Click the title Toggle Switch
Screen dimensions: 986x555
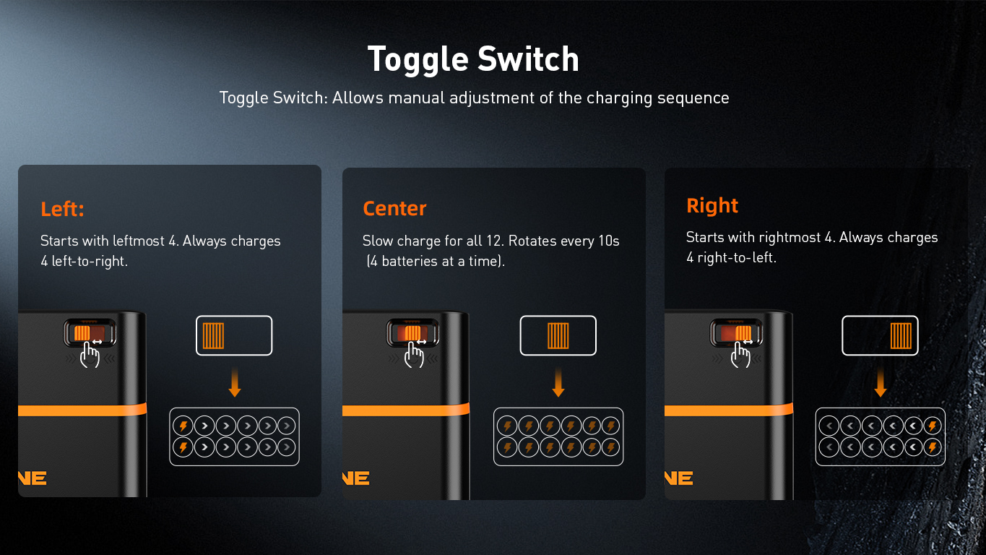pos(473,60)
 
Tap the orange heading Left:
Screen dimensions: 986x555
pos(62,209)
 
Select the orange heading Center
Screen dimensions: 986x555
pos(394,208)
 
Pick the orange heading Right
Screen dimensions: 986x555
pos(712,206)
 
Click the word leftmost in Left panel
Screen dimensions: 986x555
pos(139,241)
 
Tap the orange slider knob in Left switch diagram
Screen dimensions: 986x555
pos(214,335)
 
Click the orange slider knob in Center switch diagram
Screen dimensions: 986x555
pos(558,335)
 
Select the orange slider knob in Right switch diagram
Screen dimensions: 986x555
pos(901,335)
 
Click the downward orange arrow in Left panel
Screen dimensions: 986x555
pos(235,382)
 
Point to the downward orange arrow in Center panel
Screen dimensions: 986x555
pos(558,382)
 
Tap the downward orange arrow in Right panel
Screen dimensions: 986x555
pos(881,382)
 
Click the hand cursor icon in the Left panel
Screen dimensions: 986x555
pos(90,355)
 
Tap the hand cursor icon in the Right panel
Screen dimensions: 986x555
pos(740,355)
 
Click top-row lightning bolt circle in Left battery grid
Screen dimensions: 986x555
pos(183,426)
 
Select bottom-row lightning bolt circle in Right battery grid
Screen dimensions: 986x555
pos(933,447)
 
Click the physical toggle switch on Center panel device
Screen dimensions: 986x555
pos(412,333)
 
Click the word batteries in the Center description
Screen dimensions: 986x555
pos(409,262)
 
